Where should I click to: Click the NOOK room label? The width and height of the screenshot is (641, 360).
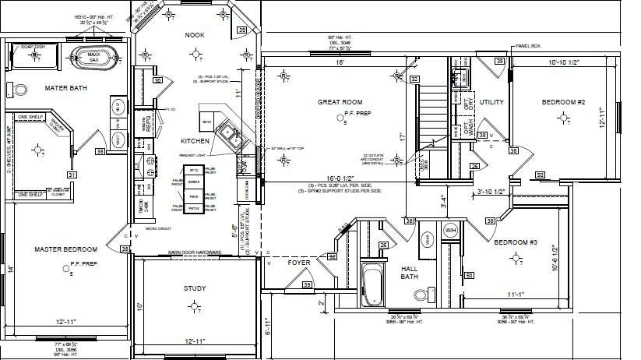(x=194, y=36)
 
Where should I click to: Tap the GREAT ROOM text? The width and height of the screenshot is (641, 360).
(x=340, y=102)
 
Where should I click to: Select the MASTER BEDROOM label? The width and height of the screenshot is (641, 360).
(x=65, y=249)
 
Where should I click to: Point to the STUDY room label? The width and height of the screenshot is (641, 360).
(x=195, y=289)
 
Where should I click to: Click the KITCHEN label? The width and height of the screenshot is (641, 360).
(x=194, y=142)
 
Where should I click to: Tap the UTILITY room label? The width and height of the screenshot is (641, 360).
(x=491, y=102)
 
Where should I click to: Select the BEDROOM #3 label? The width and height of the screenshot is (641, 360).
(x=516, y=242)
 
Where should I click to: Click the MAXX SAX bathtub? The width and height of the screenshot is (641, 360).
(x=94, y=57)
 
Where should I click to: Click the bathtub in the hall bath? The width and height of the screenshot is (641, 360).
(x=372, y=285)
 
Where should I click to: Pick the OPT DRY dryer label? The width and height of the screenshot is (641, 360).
(x=468, y=101)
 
